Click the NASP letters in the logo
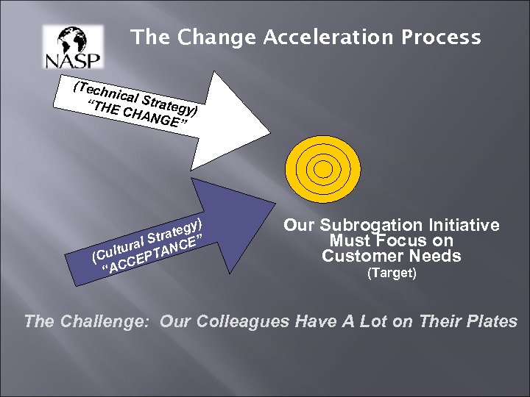[74, 60]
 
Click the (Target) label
[391, 274]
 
